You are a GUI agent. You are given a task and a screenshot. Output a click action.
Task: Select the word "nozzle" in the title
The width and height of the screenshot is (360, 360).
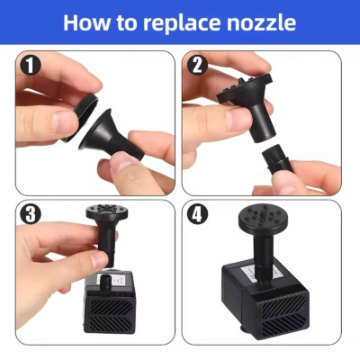[x=261, y=22]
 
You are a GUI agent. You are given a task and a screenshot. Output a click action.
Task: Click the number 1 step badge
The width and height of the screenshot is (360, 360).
[x=31, y=66]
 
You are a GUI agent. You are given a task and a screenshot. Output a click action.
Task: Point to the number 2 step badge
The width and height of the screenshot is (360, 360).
[x=197, y=66]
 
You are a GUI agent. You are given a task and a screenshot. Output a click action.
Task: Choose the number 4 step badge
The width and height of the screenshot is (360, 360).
[x=197, y=214]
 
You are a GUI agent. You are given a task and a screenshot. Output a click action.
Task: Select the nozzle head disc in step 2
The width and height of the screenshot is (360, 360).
[x=245, y=89]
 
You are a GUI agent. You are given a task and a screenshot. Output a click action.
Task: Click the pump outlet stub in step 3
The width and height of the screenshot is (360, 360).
[x=106, y=281]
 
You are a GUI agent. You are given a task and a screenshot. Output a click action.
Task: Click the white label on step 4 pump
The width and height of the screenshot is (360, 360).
[x=264, y=274]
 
